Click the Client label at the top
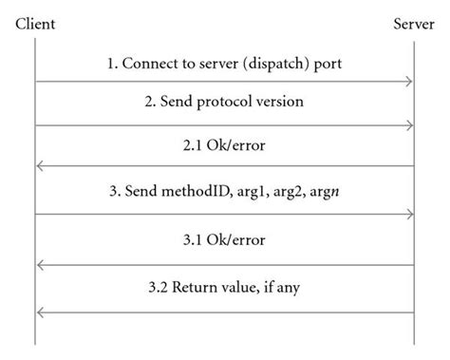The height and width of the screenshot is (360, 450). tap(35, 22)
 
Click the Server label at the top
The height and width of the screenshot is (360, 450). tap(414, 22)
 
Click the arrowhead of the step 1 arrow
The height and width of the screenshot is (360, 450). tap(409, 82)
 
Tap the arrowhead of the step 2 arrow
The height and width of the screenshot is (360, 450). tap(409, 124)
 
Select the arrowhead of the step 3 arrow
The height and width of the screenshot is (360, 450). tap(409, 214)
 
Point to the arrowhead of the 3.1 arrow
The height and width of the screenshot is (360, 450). tap(40, 265)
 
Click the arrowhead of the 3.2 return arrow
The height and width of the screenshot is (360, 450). tap(40, 312)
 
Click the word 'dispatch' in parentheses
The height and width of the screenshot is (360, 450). tap(273, 65)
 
